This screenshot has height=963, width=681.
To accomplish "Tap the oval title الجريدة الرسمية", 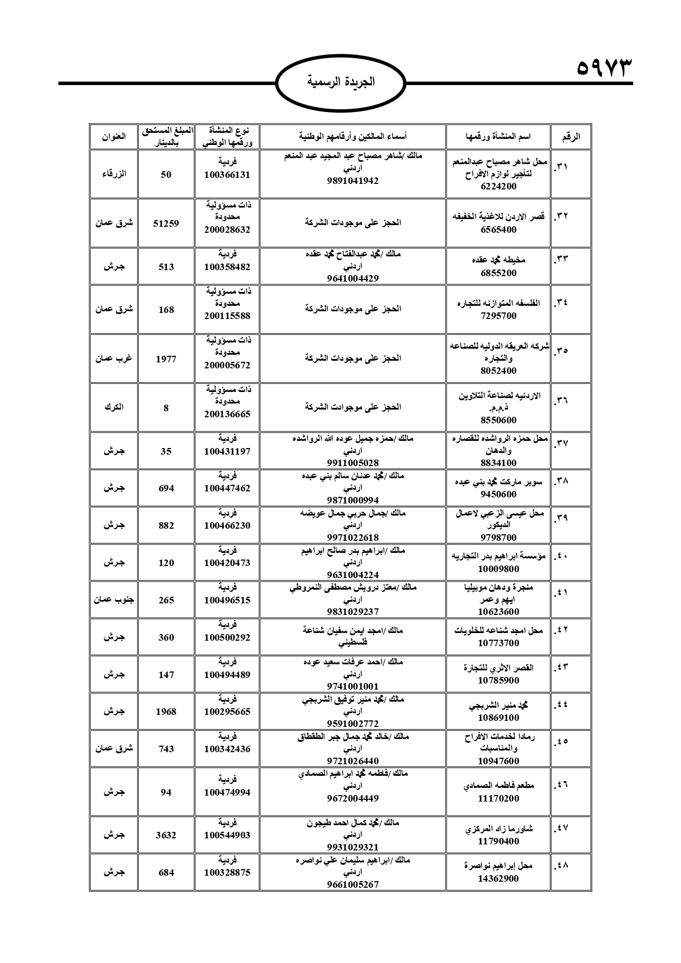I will (x=340, y=82).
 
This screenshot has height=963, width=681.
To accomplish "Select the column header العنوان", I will (x=114, y=137).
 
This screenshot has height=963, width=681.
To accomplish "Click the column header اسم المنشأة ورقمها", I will (x=498, y=137).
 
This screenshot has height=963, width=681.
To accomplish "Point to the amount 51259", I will (x=166, y=223).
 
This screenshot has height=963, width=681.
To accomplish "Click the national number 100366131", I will (x=227, y=175).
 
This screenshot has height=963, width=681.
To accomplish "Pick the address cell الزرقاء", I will (x=114, y=174).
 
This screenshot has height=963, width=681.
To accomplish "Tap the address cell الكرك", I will (x=114, y=407).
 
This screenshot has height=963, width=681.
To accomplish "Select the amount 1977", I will (x=166, y=359).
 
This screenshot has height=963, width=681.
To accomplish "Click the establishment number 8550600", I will (x=498, y=420).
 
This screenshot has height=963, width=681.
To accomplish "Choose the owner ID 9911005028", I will (x=352, y=463).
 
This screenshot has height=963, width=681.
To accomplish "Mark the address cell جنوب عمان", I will (x=114, y=600).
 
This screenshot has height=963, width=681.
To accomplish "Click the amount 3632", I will (x=166, y=835).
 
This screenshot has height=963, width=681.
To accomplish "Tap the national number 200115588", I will (x=227, y=316).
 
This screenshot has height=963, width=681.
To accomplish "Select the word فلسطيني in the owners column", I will (x=352, y=642).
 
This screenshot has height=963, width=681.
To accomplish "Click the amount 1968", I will (x=166, y=712).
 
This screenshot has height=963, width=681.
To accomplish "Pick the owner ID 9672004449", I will (x=352, y=798).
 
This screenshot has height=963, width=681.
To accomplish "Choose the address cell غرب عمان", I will (x=114, y=359).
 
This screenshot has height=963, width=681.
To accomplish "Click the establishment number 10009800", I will (x=498, y=569).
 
